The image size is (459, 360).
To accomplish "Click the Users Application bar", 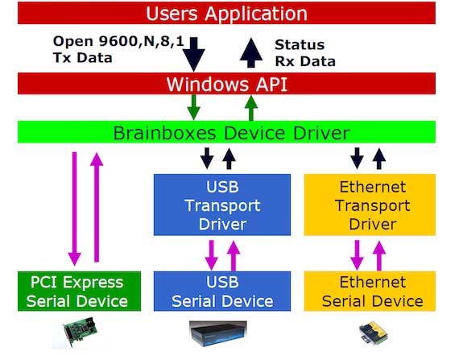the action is click(x=226, y=13).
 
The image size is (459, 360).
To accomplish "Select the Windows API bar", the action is click(x=226, y=84).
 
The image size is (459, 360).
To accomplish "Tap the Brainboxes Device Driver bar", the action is click(x=226, y=132).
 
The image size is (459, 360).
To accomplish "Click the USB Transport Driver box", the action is click(x=222, y=205).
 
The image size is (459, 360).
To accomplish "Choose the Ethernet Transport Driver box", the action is click(x=370, y=205).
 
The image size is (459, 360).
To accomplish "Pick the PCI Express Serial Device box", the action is click(x=79, y=292).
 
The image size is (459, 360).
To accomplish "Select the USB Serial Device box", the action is click(x=222, y=292).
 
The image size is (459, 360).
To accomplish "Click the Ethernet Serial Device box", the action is click(x=370, y=292).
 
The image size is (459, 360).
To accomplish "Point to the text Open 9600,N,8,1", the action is click(x=118, y=41).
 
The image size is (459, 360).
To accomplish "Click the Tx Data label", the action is click(x=83, y=58).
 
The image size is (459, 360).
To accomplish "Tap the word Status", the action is click(x=300, y=45).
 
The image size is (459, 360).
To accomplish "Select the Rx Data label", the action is click(x=305, y=61).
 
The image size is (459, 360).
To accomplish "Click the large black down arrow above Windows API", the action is click(x=194, y=54).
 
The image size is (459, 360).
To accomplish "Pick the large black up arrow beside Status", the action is click(x=251, y=52).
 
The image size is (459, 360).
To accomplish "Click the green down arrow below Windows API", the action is click(x=193, y=107).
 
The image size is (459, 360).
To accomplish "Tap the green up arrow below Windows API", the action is click(x=251, y=108).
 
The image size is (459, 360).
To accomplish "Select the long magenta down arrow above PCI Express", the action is click(x=75, y=209).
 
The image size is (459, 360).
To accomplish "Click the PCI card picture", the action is click(x=81, y=332).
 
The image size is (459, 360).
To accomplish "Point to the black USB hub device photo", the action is click(x=218, y=333).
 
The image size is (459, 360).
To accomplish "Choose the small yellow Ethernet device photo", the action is click(x=373, y=333).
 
